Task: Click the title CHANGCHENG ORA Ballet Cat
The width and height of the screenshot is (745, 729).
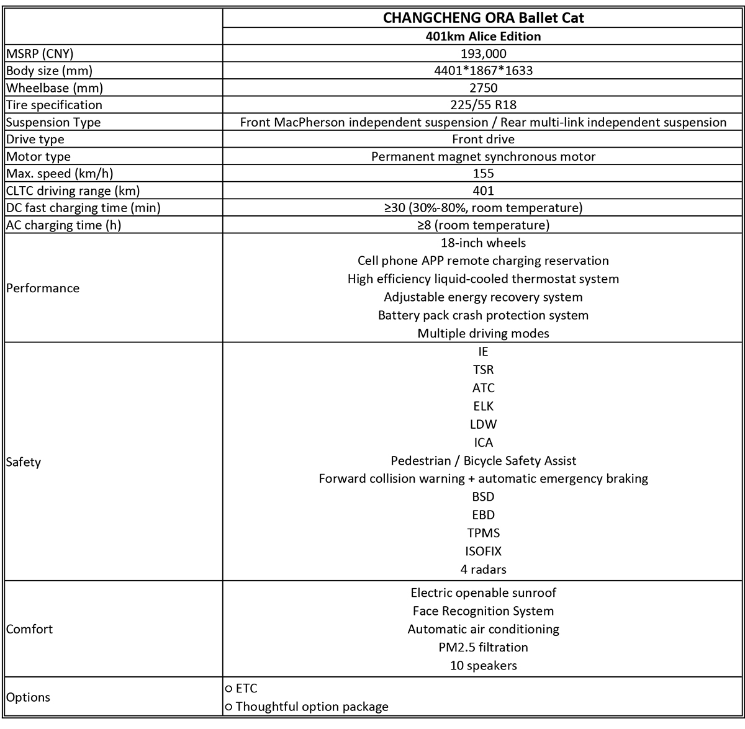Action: click(483, 18)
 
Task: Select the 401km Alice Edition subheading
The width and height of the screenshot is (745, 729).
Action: click(483, 37)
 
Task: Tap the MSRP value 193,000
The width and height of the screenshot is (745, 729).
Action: click(483, 54)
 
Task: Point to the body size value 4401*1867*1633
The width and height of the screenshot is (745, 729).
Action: click(483, 71)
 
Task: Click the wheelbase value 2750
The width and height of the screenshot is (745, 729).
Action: click(483, 88)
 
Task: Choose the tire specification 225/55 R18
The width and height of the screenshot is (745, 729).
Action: click(483, 105)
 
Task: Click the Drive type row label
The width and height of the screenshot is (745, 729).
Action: click(35, 140)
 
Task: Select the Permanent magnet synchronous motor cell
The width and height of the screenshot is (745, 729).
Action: click(483, 157)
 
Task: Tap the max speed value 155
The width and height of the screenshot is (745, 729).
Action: click(483, 174)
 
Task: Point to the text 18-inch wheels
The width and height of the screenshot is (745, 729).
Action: click(483, 243)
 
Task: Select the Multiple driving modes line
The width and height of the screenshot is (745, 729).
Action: click(483, 334)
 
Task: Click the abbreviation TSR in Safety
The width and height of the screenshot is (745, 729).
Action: click(483, 370)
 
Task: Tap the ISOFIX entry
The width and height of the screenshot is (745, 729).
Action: click(483, 551)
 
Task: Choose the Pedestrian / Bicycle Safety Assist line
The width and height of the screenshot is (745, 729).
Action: click(483, 461)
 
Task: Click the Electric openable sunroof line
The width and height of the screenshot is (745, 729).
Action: click(483, 593)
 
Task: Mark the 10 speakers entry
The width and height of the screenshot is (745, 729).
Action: click(483, 666)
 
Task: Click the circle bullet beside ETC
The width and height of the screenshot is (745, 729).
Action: click(229, 689)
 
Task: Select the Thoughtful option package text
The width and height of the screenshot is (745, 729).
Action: click(312, 707)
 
